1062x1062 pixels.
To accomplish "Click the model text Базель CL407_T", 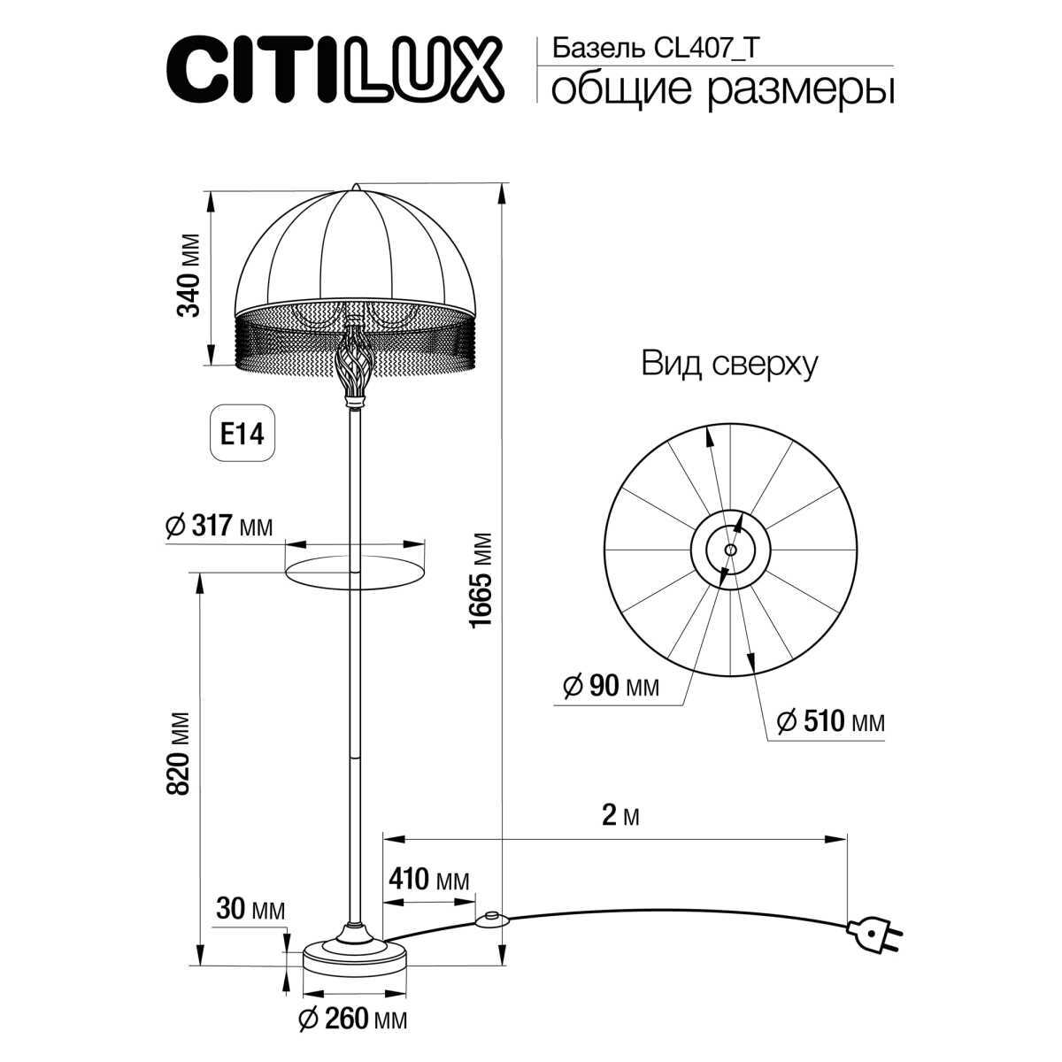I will click(x=654, y=49).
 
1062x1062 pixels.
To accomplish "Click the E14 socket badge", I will click(x=242, y=434).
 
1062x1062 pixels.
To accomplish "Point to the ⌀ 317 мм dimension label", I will click(x=219, y=526).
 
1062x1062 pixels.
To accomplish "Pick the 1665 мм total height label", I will click(x=480, y=580).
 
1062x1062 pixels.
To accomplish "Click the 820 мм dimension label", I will click(x=180, y=752).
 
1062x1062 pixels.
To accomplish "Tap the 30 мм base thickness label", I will click(x=250, y=910).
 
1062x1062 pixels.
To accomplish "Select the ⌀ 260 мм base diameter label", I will click(x=352, y=1020).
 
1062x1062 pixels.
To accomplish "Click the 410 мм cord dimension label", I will click(x=428, y=880).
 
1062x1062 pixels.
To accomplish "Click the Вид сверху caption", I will click(x=728, y=364).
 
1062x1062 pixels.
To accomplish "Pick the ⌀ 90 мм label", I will click(x=611, y=686).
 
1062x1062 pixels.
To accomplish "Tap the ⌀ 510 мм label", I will click(x=829, y=722).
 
